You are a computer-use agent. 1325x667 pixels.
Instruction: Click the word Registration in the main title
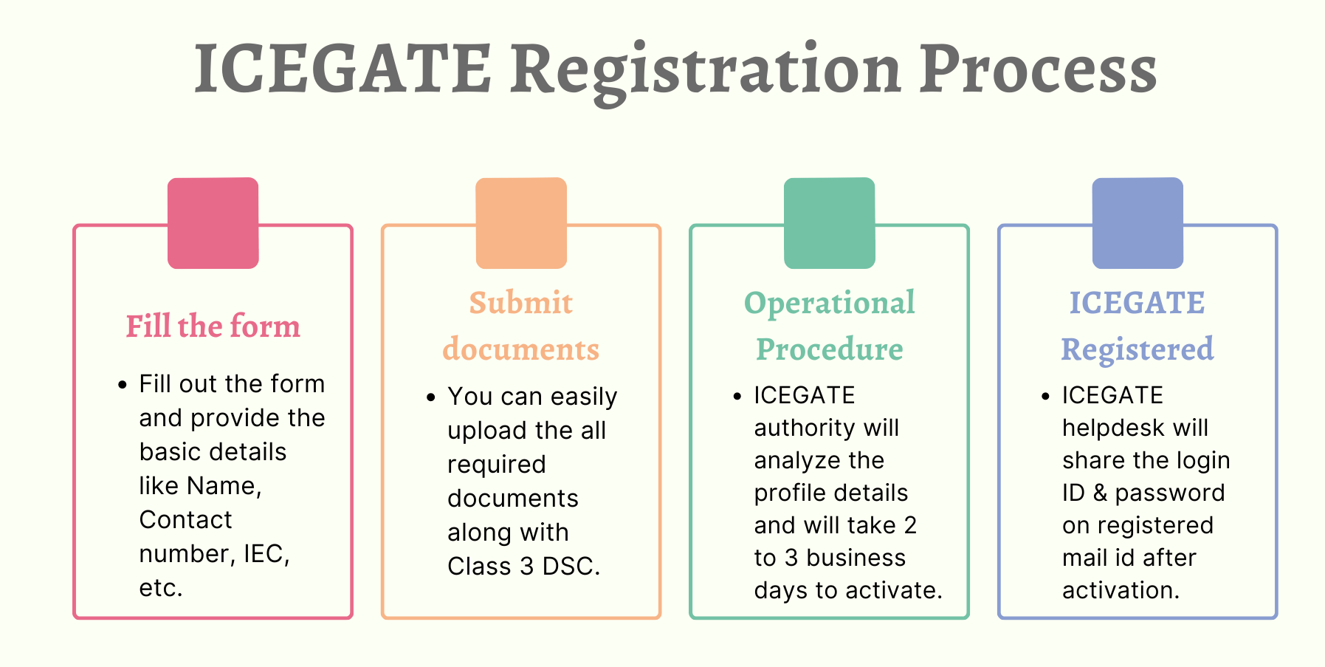coord(705,71)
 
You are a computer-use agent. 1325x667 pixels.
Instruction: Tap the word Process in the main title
coord(1038,69)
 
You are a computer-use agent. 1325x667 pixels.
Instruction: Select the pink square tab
coord(213,223)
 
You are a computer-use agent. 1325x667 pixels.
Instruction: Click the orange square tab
coord(521,223)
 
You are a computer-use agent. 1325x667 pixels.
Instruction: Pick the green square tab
coord(830,223)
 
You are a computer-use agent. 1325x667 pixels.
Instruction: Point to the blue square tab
coord(1138,223)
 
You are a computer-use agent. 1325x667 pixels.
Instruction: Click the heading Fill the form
coord(213,326)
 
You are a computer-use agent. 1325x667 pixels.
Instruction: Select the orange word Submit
coord(521,302)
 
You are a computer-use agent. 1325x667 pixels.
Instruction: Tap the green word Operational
coord(830,304)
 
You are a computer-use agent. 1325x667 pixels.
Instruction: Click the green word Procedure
coord(830,349)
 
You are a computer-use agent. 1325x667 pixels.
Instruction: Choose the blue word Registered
coord(1138,350)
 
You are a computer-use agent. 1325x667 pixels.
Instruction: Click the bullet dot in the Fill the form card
coord(123,385)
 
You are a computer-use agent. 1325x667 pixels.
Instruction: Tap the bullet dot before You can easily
coord(431,397)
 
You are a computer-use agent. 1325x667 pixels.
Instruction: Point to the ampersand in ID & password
coord(1101,493)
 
